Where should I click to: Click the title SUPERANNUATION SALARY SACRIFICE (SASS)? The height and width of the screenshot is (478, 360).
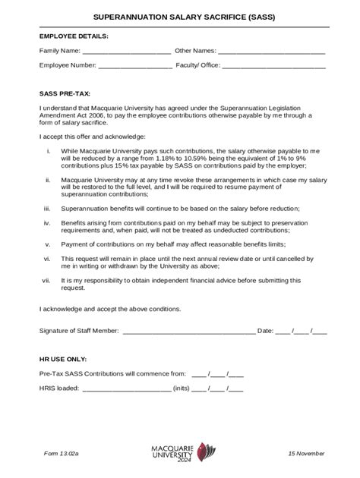(180, 17)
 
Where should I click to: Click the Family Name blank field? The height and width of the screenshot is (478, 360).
(126, 52)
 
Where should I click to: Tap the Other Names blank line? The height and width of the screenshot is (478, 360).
(271, 52)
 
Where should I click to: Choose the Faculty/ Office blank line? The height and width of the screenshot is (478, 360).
(274, 66)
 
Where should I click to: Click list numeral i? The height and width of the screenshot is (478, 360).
(49, 151)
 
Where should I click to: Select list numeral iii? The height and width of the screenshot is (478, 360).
(47, 208)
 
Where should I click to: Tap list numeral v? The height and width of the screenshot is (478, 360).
(48, 244)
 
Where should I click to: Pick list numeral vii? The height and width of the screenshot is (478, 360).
(46, 280)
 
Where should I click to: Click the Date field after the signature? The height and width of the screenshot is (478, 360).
(302, 331)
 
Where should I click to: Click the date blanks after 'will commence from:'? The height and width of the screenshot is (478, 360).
(217, 374)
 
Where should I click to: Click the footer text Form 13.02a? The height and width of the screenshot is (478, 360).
(61, 453)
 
